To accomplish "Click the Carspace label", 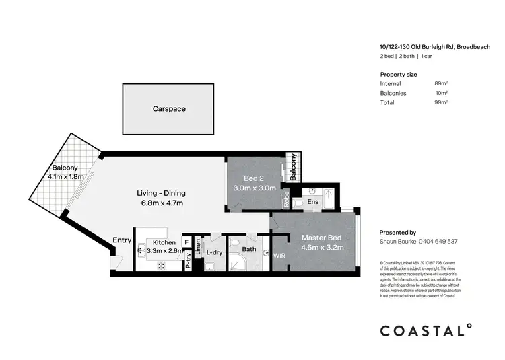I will click(x=169, y=108).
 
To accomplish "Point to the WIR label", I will click(x=280, y=255).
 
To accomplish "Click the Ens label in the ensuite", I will click(x=312, y=201).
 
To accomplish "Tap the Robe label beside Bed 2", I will click(x=286, y=199).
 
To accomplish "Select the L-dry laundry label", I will click(x=214, y=252).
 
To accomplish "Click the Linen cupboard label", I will click(x=198, y=248).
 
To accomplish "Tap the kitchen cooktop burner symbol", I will click(x=162, y=264).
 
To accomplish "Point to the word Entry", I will click(x=122, y=240).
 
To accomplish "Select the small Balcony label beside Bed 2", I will click(x=293, y=167).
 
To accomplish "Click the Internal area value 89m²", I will click(x=441, y=83).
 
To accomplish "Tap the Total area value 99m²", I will click(x=441, y=102).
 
